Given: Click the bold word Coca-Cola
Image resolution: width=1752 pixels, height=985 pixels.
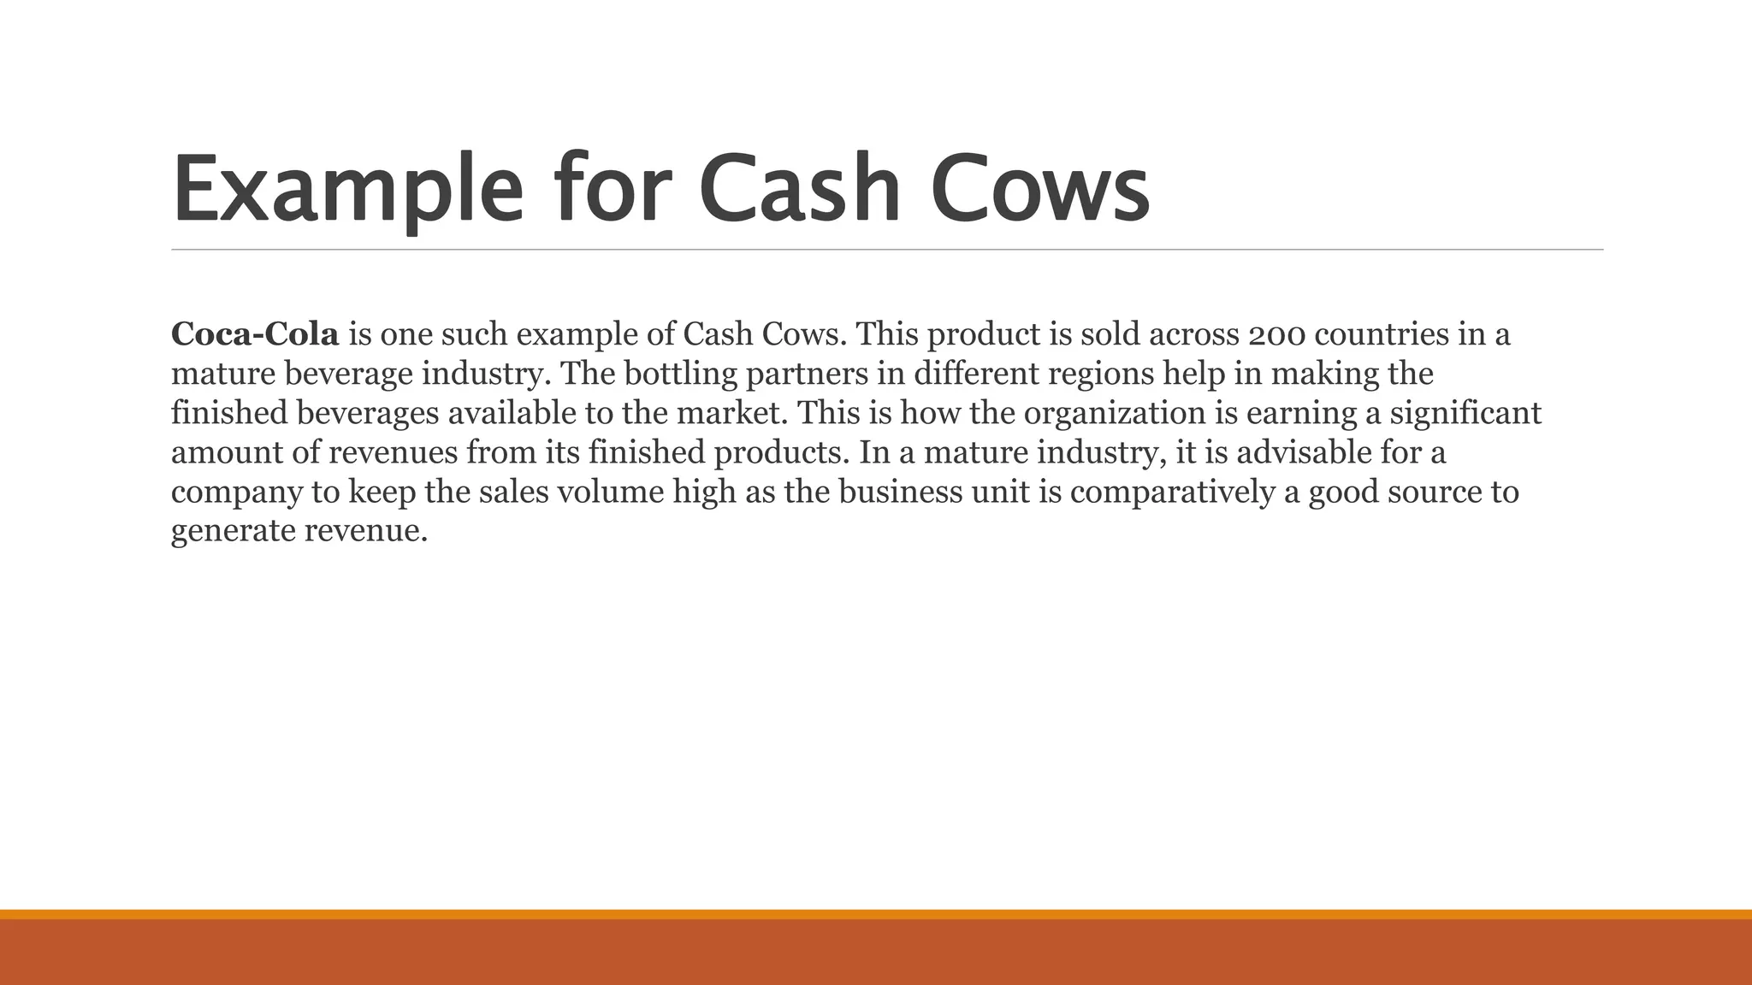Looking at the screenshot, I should [x=255, y=334].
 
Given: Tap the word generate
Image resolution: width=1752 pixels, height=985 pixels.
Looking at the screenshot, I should [x=234, y=532].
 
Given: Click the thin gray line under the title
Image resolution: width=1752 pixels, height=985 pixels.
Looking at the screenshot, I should [x=887, y=250].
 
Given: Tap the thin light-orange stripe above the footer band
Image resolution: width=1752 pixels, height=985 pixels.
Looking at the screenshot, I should [x=876, y=914].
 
